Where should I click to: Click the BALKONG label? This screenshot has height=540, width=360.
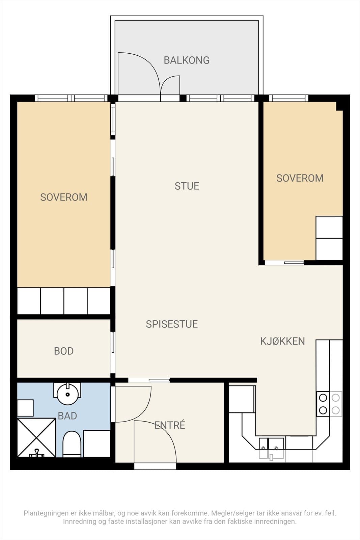[187, 60]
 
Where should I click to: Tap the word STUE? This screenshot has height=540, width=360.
[187, 186]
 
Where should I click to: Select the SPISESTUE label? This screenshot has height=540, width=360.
[172, 324]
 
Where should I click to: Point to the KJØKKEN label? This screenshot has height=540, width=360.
[282, 341]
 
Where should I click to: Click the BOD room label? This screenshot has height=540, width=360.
[64, 351]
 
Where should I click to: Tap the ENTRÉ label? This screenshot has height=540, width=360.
[170, 425]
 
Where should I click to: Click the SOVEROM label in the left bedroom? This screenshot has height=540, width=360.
[64, 197]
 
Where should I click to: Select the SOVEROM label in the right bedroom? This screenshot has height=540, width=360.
[300, 178]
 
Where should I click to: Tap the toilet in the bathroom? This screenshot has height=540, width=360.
[72, 444]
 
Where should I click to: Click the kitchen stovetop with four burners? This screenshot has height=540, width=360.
[329, 404]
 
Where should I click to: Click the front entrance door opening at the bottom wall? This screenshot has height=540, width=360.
[155, 466]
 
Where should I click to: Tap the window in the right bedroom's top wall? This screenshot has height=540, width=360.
[289, 98]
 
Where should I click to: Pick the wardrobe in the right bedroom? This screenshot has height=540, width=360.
[329, 238]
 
